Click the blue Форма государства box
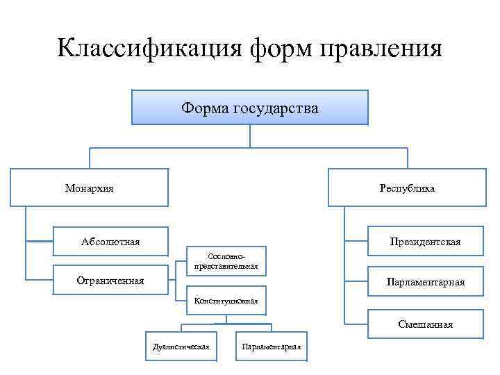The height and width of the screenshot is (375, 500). (x=250, y=108)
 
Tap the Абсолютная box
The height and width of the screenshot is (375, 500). (x=111, y=242)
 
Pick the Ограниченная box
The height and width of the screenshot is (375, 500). (x=111, y=281)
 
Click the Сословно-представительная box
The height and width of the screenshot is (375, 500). (x=226, y=260)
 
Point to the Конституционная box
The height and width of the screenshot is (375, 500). (x=226, y=301)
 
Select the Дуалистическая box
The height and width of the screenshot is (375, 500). (x=181, y=346)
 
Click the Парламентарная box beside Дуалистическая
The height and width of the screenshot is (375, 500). (x=271, y=346)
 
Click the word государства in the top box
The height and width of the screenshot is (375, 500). (x=276, y=108)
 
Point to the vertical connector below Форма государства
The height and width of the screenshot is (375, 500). (x=250, y=135)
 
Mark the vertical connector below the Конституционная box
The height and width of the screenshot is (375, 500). (x=226, y=319)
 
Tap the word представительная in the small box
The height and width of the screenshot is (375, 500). (x=226, y=265)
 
